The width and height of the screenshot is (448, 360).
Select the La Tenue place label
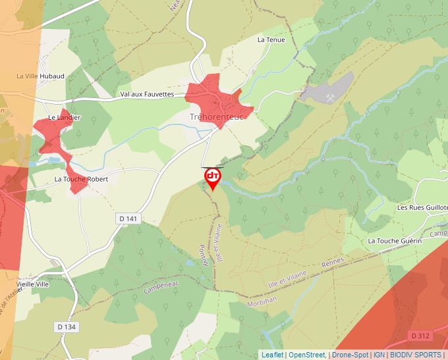270,39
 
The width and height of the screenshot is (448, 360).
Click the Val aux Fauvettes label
147,94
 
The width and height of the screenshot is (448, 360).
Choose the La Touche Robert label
81,179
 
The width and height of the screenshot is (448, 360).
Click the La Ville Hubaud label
41,76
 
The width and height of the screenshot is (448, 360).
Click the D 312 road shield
420,336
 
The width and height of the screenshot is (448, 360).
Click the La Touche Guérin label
395,241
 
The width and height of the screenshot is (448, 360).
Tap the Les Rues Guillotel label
422,207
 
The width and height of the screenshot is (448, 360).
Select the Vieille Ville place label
34,284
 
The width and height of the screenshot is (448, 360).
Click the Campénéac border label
162,288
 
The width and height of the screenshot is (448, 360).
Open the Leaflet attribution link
272,355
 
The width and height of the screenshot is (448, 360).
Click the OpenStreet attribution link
306,355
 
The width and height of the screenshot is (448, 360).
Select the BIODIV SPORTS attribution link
415,355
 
